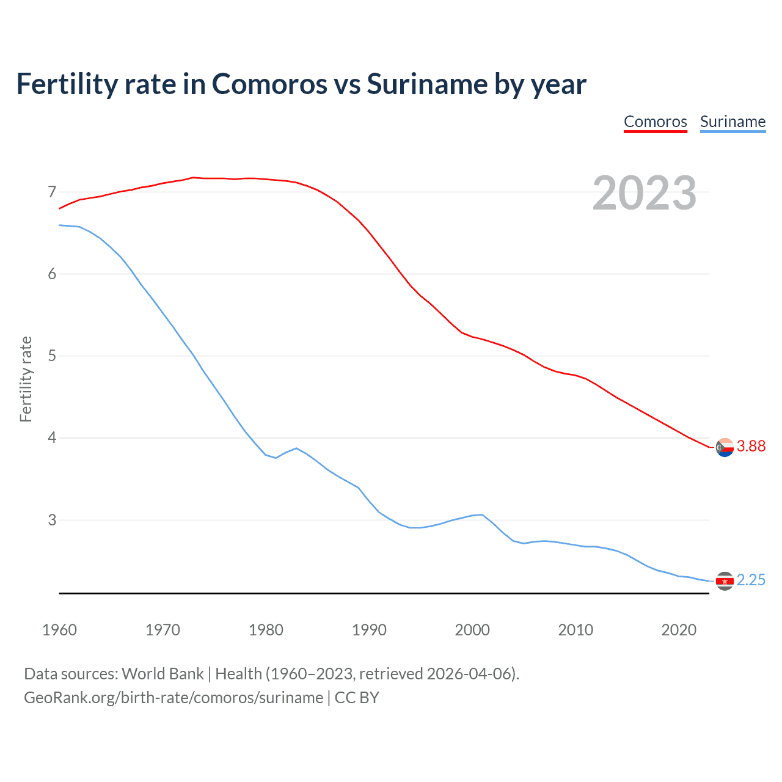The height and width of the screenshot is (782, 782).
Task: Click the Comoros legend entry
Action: pos(655,122)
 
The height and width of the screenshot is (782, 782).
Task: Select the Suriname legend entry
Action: pos(733,122)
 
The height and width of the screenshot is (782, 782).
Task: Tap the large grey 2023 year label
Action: pos(645,193)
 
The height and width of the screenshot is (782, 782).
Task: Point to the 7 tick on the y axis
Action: pos(52,192)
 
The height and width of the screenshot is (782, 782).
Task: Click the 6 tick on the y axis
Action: pos(52,274)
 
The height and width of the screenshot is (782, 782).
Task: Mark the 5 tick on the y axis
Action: pos(52,356)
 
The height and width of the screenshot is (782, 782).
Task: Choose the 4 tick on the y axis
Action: pos(52,438)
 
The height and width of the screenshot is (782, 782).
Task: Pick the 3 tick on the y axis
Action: pos(52,520)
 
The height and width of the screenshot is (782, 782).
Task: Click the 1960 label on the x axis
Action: pos(59,630)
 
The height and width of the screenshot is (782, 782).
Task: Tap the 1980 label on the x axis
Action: pos(266,630)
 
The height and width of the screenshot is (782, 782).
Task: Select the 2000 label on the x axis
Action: pos(472,630)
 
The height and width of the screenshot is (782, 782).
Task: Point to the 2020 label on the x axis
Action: pos(679,630)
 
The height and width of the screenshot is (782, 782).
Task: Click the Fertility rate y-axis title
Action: pos(26,379)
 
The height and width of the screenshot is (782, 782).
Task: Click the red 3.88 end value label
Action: pos(751,447)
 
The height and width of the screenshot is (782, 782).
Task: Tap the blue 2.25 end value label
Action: pos(751,580)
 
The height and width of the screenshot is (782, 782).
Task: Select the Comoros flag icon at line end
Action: pos(725,447)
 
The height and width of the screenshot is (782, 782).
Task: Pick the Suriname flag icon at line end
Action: pos(725,581)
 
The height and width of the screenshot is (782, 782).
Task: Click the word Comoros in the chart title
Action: pos(269,84)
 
